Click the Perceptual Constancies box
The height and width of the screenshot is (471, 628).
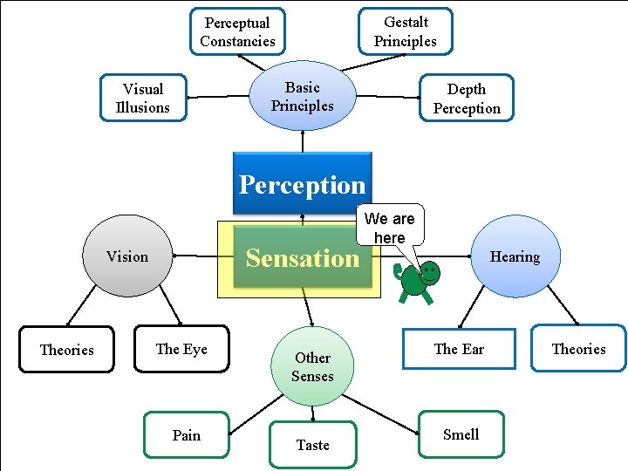tap(237, 31)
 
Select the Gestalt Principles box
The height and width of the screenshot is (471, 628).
tap(406, 31)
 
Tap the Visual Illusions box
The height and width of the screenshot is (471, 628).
tap(142, 98)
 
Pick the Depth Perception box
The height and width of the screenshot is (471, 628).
tap(467, 98)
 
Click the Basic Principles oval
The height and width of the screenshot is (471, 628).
tap(303, 96)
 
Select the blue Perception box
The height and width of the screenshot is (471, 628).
tap(302, 183)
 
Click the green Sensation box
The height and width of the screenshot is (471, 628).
tap(302, 258)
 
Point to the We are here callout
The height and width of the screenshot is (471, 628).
tap(389, 227)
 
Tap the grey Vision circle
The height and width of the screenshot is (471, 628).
tap(127, 256)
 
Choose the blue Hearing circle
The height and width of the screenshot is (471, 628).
tap(515, 256)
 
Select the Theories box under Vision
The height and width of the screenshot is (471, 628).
tap(66, 350)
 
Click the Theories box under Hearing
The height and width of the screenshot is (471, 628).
tap(578, 349)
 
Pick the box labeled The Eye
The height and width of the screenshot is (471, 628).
tap(181, 349)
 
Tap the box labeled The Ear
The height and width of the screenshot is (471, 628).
tap(459, 349)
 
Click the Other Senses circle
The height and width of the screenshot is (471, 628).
tap(312, 366)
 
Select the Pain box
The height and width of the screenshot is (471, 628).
tap(186, 435)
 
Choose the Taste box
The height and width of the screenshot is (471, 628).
tap(312, 445)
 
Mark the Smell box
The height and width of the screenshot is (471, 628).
tap(461, 434)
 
